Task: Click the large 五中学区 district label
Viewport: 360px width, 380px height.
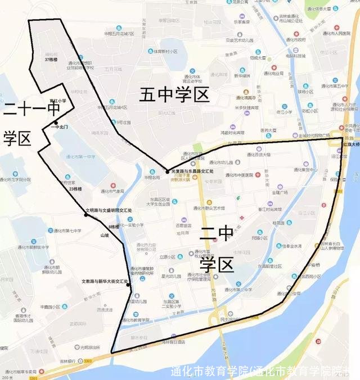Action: click(x=174, y=94)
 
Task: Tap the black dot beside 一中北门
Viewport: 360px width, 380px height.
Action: click(x=56, y=123)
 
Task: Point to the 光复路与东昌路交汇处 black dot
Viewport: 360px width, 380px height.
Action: click(x=168, y=171)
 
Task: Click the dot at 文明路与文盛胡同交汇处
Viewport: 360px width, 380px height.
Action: click(x=86, y=215)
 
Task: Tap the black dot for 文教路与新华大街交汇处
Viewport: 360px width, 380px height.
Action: click(x=128, y=284)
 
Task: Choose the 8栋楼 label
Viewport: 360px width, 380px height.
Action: click(x=114, y=227)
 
